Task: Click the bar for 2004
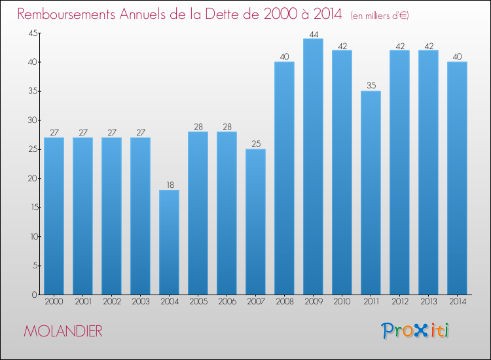pyautogui.click(x=169, y=242)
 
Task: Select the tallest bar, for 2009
pyautogui.click(x=313, y=166)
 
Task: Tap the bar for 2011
pyautogui.click(x=371, y=193)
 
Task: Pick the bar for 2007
pyautogui.click(x=255, y=222)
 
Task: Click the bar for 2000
pyautogui.click(x=54, y=216)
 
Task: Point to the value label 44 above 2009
pyautogui.click(x=314, y=35)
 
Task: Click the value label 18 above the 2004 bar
pyautogui.click(x=170, y=185)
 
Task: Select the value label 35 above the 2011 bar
pyautogui.click(x=371, y=86)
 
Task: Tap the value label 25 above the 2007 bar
pyautogui.click(x=256, y=144)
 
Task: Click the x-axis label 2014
pyautogui.click(x=458, y=302)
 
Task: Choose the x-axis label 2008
pyautogui.click(x=285, y=302)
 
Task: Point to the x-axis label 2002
pyautogui.click(x=112, y=302)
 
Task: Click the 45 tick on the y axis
pyautogui.click(x=33, y=33)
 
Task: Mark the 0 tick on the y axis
pyautogui.click(x=35, y=295)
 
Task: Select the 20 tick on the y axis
pyautogui.click(x=33, y=179)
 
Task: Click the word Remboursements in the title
pyautogui.click(x=66, y=14)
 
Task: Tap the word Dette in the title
pyautogui.click(x=225, y=14)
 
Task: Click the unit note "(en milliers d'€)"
pyautogui.click(x=380, y=16)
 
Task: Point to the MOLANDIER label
pyautogui.click(x=63, y=331)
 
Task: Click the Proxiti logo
pyautogui.click(x=415, y=331)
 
